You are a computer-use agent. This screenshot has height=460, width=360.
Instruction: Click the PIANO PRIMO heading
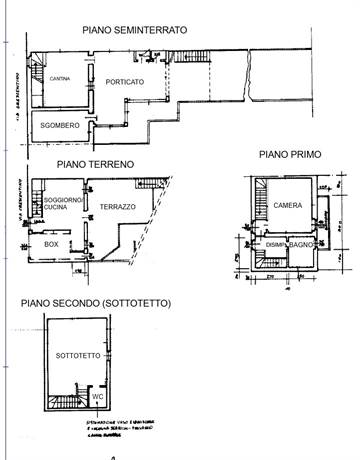288,155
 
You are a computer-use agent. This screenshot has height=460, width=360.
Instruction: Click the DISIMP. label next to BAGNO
277,244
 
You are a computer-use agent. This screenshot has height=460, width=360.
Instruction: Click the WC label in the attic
99,396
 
